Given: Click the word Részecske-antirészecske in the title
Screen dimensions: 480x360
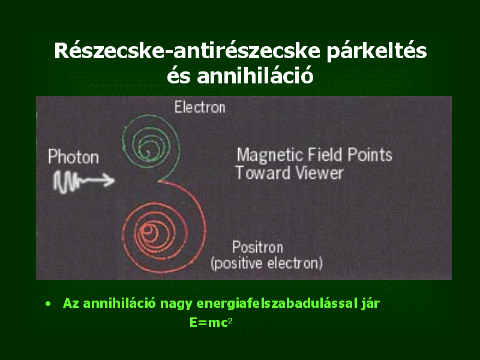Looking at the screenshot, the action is tap(187, 50).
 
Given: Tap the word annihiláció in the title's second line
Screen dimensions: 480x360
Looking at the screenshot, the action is tap(256, 76).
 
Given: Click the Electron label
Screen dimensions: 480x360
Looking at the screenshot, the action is tap(200, 107).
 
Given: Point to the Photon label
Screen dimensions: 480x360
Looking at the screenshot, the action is tap(73, 157).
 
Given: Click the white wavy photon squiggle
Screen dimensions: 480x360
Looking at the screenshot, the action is tap(67, 182).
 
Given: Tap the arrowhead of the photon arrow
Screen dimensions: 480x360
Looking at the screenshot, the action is tap(109, 180).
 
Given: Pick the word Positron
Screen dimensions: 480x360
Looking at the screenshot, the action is tap(257, 247).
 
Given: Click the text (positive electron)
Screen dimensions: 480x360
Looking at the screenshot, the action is tap(266, 263).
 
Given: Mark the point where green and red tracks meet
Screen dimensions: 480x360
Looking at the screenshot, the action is tap(159, 181).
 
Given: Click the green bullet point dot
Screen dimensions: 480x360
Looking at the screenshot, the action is tap(48, 304).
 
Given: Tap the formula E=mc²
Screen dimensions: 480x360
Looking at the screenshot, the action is tap(211, 322).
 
